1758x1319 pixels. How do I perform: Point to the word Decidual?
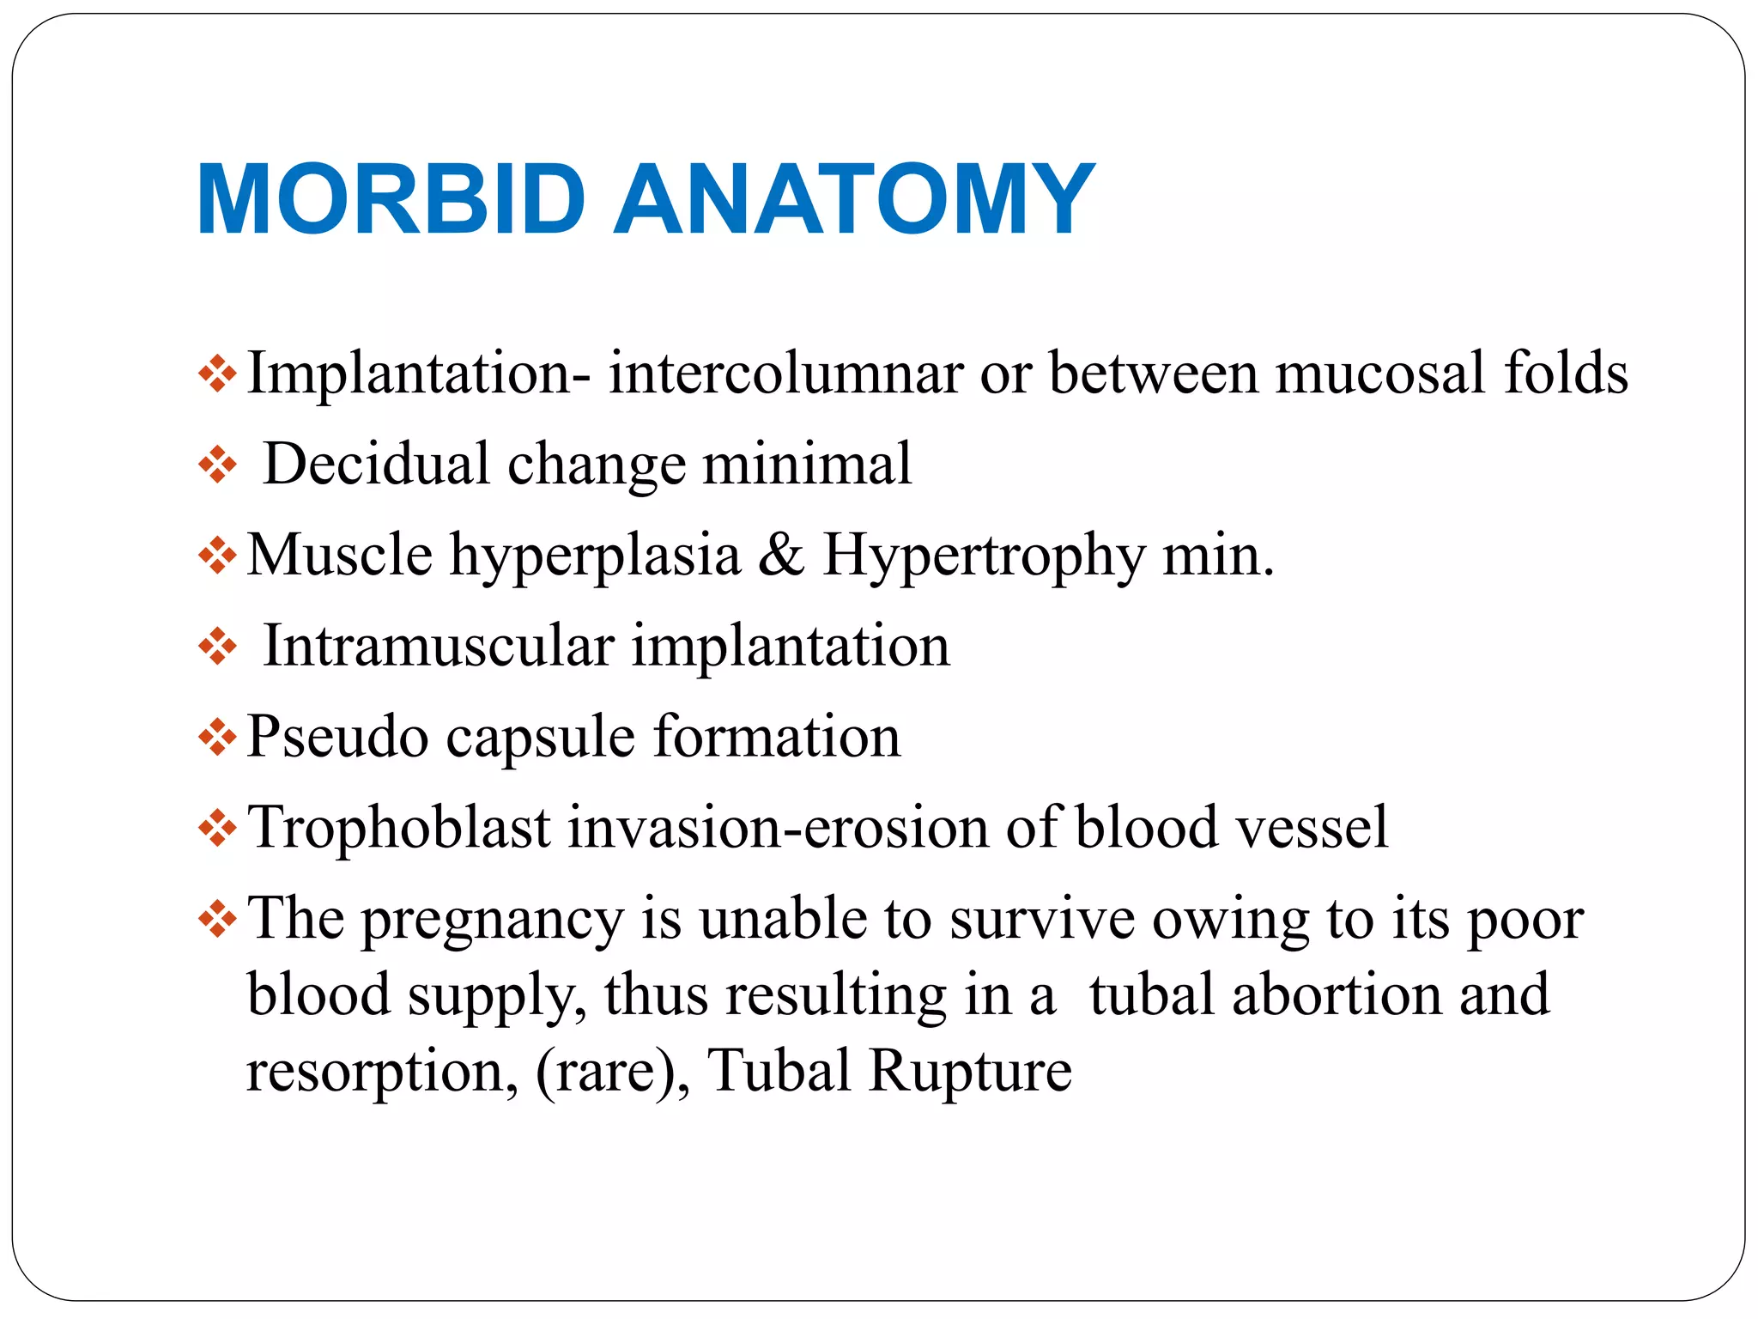[x=376, y=465]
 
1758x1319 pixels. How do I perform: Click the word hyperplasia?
[x=596, y=556]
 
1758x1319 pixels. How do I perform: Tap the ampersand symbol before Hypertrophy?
[x=781, y=556]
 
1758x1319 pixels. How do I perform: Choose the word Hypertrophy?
[x=984, y=556]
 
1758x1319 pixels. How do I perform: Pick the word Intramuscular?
[x=439, y=646]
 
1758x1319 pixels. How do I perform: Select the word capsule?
[x=541, y=737]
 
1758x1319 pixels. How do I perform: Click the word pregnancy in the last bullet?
[x=491, y=920]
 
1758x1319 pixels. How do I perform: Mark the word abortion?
[x=1336, y=995]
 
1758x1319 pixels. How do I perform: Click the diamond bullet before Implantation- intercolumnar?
[x=217, y=374]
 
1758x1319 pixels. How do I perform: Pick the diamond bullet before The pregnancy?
[x=217, y=920]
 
